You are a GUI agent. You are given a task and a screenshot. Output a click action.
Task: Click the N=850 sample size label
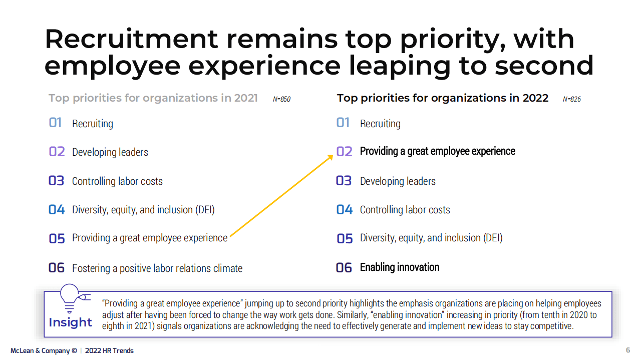281,99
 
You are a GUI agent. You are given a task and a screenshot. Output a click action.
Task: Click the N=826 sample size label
572,99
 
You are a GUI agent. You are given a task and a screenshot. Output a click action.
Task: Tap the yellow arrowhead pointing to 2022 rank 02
330,157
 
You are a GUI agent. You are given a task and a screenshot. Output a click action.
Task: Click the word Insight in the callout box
71,322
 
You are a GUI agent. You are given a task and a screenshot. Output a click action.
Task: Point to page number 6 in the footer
628,350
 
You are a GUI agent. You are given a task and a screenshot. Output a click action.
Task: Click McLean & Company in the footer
44,350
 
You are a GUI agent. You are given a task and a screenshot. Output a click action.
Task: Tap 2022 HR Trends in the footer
109,350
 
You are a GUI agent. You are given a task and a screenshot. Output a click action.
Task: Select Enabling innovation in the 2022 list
400,267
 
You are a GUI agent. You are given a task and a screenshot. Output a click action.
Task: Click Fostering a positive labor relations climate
157,268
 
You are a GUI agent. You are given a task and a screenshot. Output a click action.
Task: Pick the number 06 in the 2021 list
57,268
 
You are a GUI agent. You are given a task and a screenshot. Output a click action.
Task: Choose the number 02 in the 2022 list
344,151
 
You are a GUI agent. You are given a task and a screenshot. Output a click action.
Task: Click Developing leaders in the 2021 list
110,152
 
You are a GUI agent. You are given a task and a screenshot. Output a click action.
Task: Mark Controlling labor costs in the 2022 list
405,210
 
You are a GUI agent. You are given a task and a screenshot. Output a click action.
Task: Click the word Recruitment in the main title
131,39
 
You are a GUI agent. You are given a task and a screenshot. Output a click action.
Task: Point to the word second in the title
544,66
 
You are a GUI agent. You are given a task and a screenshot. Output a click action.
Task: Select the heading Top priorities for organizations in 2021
153,98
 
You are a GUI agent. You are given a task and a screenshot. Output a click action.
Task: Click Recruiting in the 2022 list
380,124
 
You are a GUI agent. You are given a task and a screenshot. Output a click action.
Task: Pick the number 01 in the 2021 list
55,123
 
